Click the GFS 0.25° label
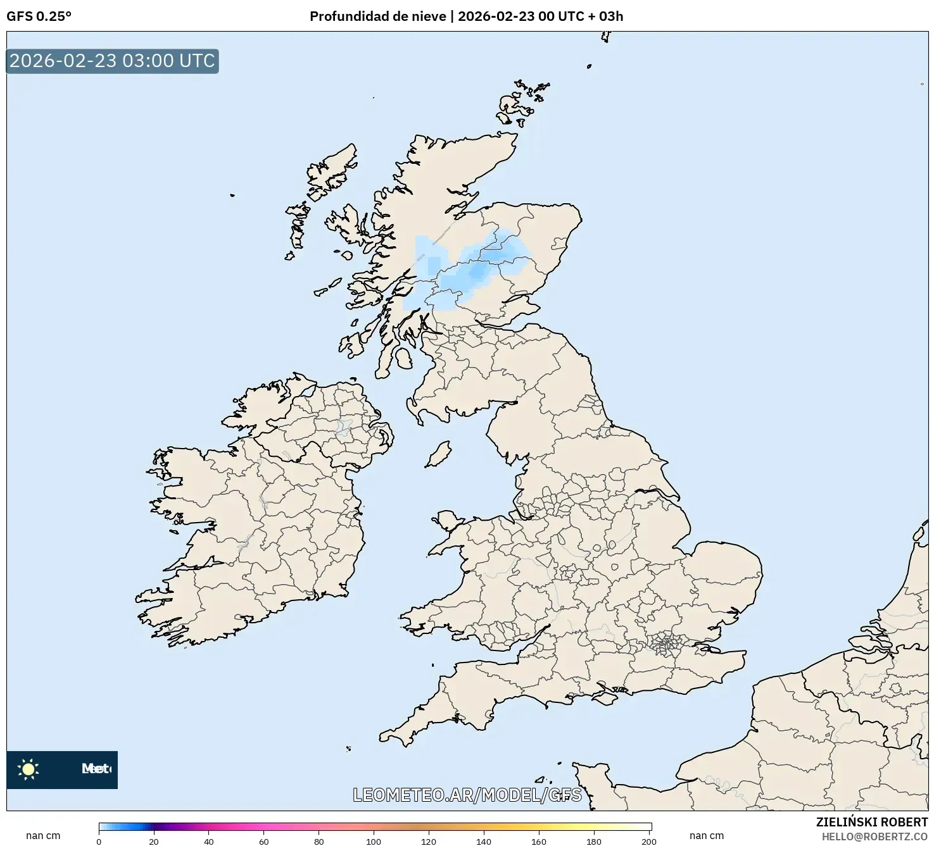pos(39,16)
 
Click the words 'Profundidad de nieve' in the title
pos(377,16)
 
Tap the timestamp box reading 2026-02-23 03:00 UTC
pos(112,61)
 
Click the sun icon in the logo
pos(28,769)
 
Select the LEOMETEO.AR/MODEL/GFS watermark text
pos(467,795)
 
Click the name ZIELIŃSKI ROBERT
pos(871,823)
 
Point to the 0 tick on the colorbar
pos(99,842)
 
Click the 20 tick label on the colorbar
pos(154,842)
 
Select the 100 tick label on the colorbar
pos(374,842)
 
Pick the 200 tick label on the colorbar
pos(649,842)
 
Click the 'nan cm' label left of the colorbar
pos(43,836)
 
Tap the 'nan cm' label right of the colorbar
pos(707,836)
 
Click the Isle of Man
pos(438,455)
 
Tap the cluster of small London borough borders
pos(666,645)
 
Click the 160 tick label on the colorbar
pos(539,842)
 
